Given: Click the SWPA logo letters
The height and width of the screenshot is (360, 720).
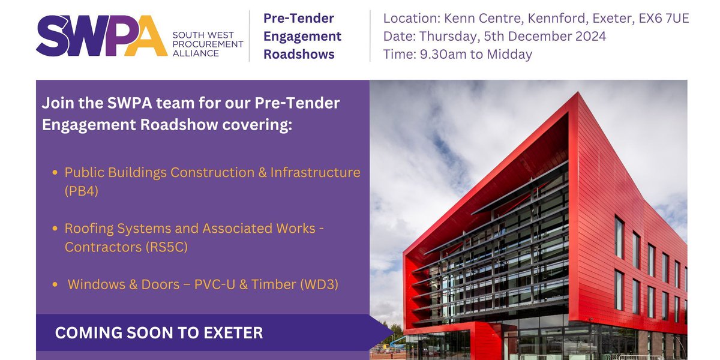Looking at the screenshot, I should pyautogui.click(x=101, y=35).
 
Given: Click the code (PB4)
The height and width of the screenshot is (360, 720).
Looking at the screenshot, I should pyautogui.click(x=82, y=190).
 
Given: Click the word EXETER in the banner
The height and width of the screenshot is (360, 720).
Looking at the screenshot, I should pyautogui.click(x=234, y=333).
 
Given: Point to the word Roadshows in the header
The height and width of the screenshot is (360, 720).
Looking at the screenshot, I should pyautogui.click(x=299, y=55).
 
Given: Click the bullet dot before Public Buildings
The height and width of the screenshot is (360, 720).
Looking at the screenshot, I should pyautogui.click(x=55, y=173).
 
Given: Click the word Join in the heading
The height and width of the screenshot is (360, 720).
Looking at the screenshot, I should pyautogui.click(x=55, y=103).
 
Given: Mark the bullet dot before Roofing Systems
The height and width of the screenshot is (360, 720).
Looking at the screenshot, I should pyautogui.click(x=55, y=229).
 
